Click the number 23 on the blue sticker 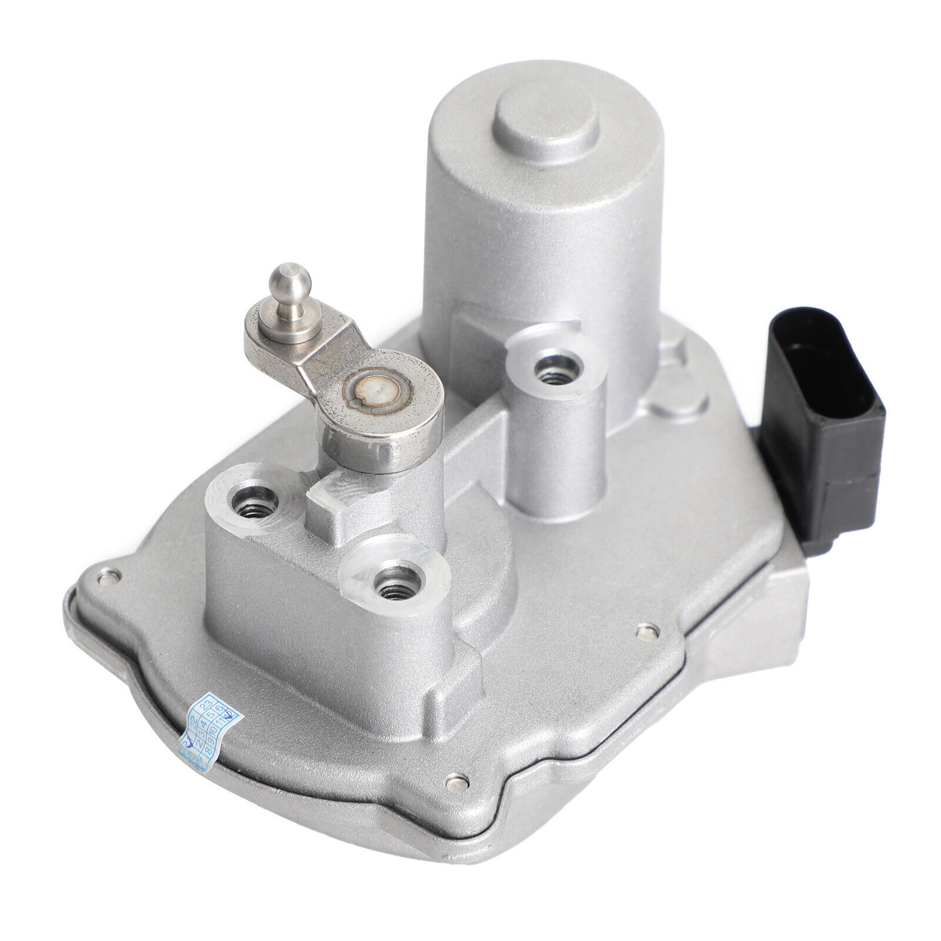pyautogui.click(x=206, y=705)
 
